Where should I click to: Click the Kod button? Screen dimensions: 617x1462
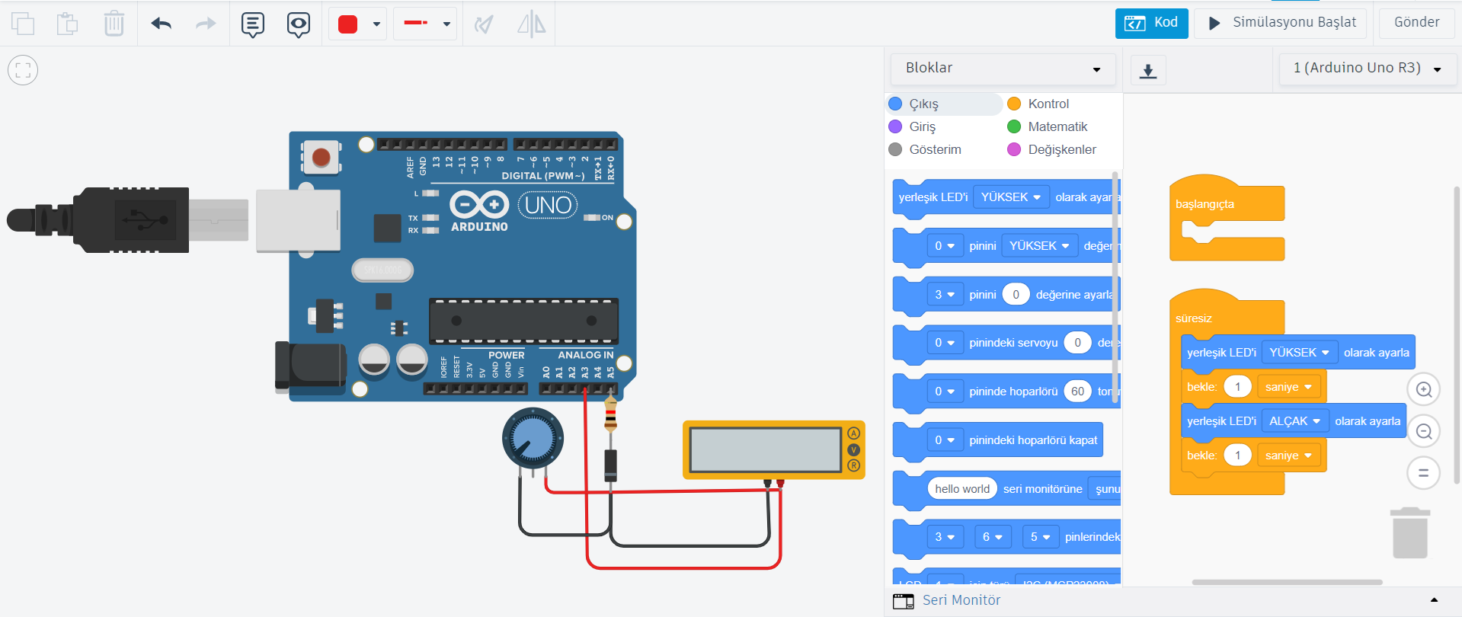(x=1151, y=23)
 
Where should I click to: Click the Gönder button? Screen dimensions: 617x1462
(x=1416, y=23)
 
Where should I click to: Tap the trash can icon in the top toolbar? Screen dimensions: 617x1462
(x=114, y=24)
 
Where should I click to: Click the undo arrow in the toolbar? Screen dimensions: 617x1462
(x=161, y=24)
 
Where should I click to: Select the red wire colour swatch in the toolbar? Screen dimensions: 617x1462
(x=348, y=24)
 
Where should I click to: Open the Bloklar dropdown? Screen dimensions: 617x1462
(x=1003, y=69)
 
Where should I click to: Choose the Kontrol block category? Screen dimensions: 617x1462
(x=1048, y=104)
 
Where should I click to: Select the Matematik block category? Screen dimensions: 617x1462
(x=1057, y=126)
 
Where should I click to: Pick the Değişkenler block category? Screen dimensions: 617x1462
(x=1061, y=149)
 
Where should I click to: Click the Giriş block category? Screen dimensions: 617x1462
(x=922, y=126)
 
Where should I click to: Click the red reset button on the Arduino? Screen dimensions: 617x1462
(x=321, y=158)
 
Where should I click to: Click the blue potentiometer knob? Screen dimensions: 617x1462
(x=533, y=438)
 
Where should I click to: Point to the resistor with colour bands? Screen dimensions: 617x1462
(x=610, y=416)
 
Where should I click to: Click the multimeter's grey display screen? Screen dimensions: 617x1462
(x=765, y=449)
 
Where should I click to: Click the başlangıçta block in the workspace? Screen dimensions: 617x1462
(x=1204, y=204)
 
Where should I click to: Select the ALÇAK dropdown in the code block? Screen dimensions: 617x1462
(x=1294, y=421)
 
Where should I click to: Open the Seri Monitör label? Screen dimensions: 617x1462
(x=961, y=600)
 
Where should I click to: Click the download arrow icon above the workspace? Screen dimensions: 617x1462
(x=1148, y=71)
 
